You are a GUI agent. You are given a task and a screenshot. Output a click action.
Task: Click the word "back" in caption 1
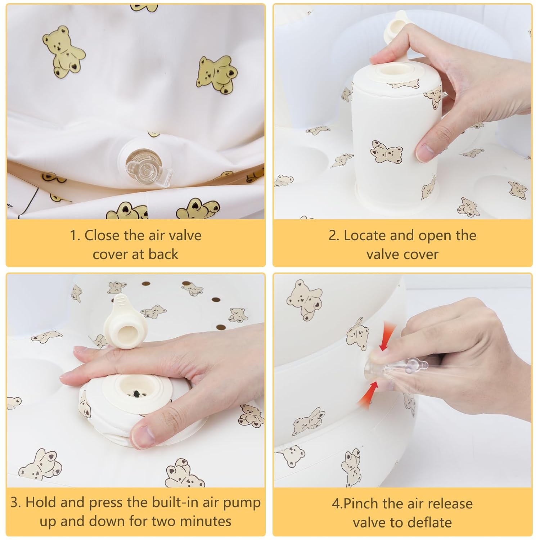[x=163, y=254]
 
